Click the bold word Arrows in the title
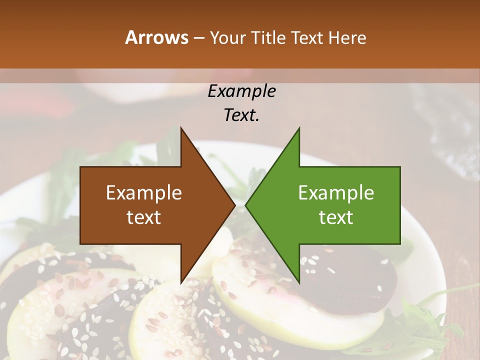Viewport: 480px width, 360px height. pyautogui.click(x=157, y=37)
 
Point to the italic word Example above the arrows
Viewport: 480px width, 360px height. pyautogui.click(x=241, y=91)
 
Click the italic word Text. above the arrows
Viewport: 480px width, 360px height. pyautogui.click(x=241, y=115)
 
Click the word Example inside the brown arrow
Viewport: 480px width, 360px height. pyautogui.click(x=144, y=193)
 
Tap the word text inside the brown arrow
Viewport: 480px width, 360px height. pyautogui.click(x=144, y=217)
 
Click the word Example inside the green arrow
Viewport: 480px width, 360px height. pyautogui.click(x=336, y=193)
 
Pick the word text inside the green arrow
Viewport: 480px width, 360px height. pyautogui.click(x=336, y=217)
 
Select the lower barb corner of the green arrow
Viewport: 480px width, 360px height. pyautogui.click(x=298, y=282)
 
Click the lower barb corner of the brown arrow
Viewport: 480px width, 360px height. pyautogui.click(x=181, y=282)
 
